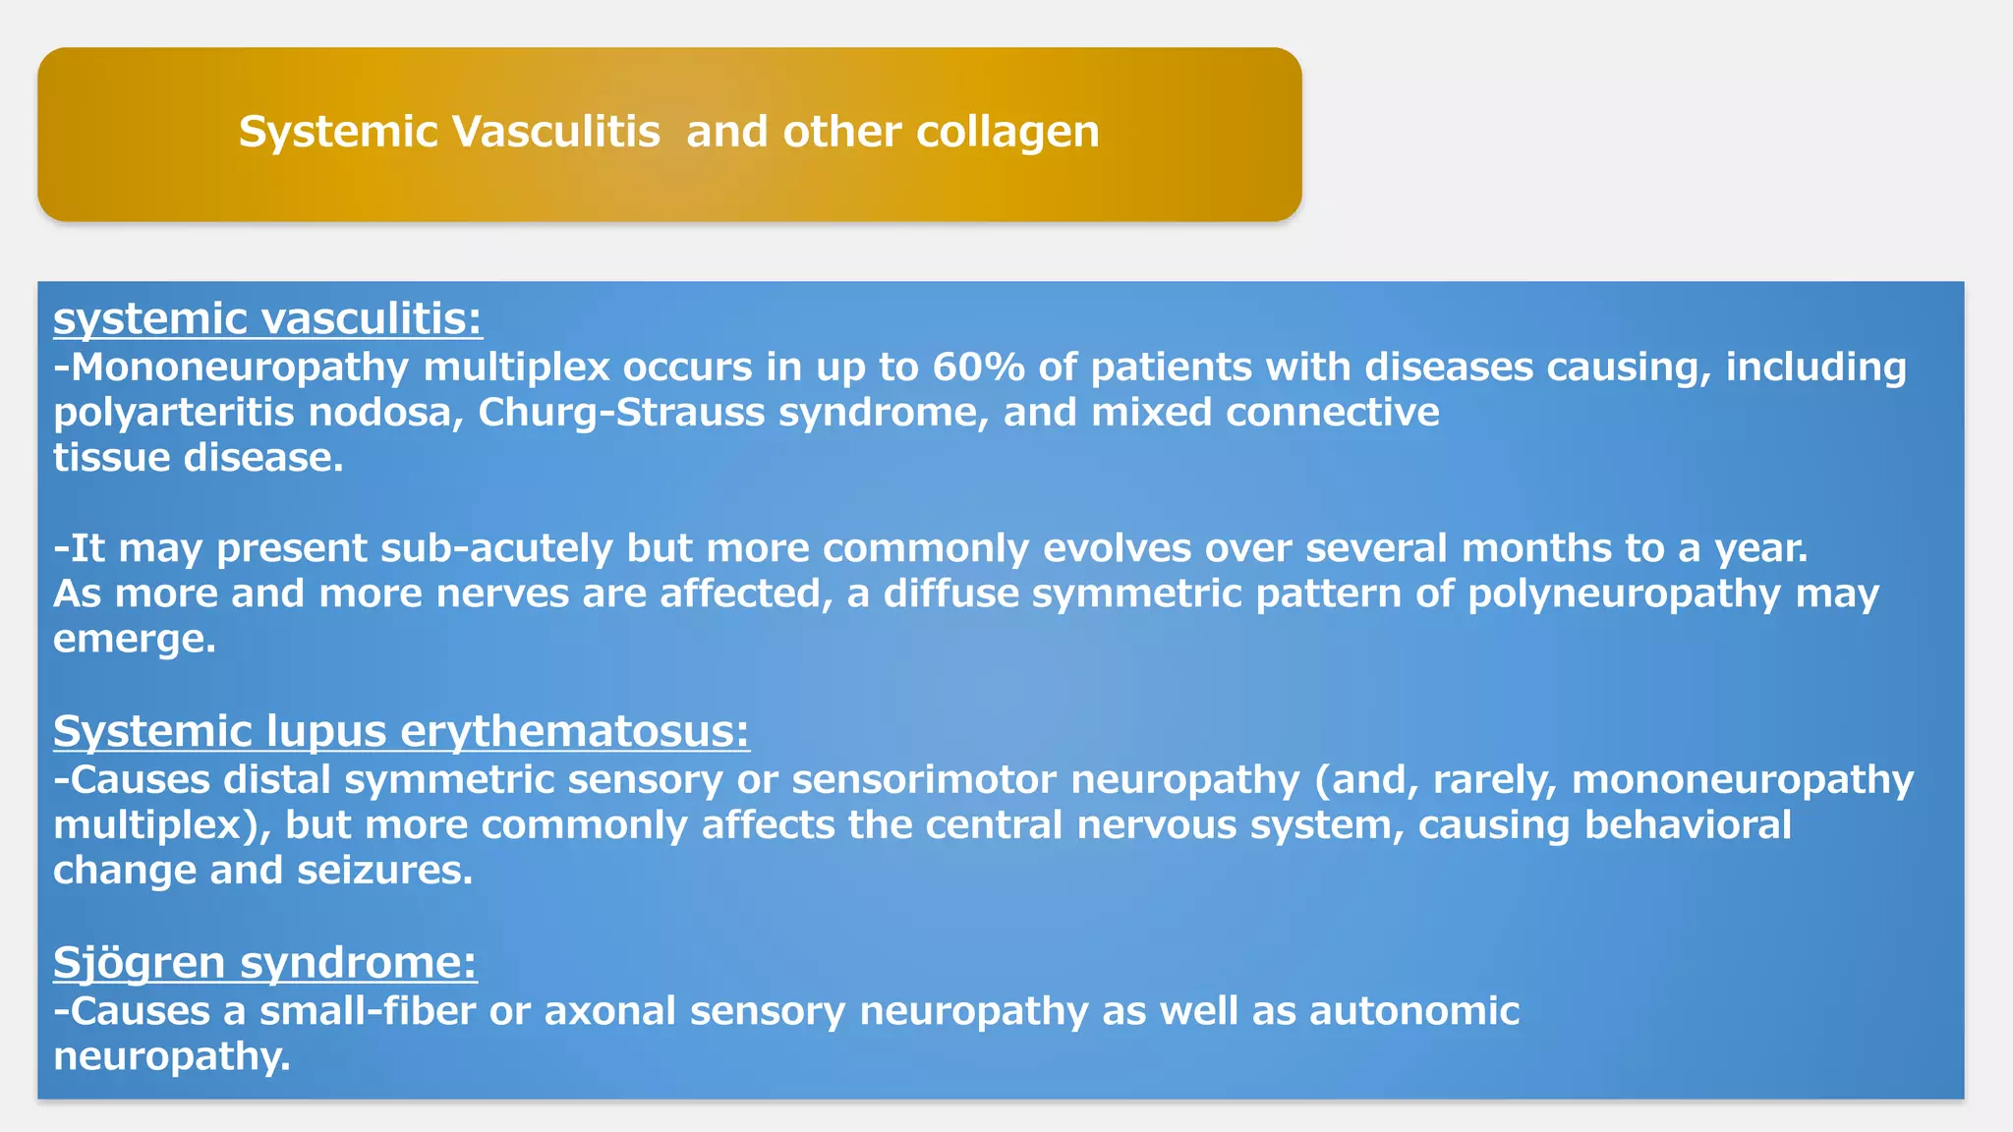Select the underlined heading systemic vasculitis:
267,319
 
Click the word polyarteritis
174,413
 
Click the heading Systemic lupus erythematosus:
401,732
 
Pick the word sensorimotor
924,780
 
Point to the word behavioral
1688,825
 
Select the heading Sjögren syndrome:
265,963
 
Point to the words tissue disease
198,458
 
